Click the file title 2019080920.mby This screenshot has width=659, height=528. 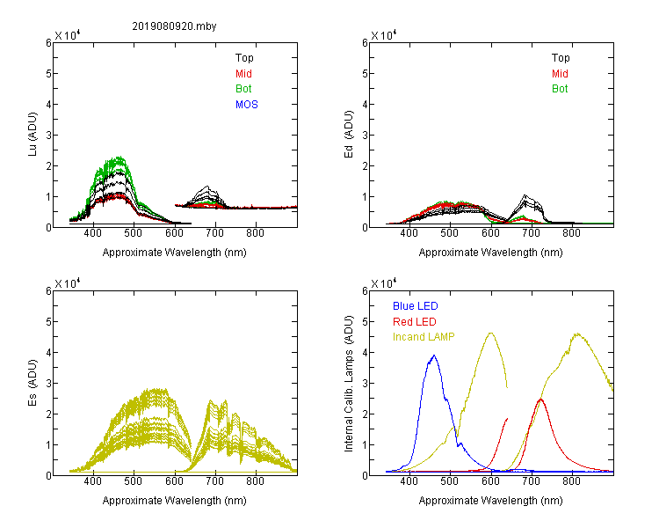click(x=174, y=26)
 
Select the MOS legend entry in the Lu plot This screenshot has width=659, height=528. click(x=247, y=105)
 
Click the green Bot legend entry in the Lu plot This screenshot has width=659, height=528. click(x=243, y=89)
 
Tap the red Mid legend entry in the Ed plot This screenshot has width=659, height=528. click(x=560, y=74)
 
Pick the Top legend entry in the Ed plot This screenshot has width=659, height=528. click(x=561, y=58)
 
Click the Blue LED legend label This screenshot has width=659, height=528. click(x=416, y=306)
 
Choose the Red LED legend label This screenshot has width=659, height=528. click(x=415, y=322)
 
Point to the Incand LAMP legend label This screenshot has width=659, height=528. click(x=424, y=337)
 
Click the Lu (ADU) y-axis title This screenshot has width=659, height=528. click(x=33, y=134)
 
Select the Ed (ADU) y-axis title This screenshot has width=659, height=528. click(x=349, y=134)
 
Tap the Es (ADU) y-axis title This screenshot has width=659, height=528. click(x=33, y=382)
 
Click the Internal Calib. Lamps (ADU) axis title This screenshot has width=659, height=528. click(x=349, y=384)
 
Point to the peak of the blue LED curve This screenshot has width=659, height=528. click(x=434, y=356)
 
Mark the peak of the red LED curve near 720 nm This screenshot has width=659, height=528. click(x=540, y=399)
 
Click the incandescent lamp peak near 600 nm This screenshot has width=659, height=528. click(x=490, y=333)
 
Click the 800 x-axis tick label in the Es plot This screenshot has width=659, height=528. click(x=255, y=481)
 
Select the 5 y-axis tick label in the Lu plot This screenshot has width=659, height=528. click(x=48, y=74)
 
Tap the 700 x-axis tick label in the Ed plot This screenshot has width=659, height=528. click(x=531, y=233)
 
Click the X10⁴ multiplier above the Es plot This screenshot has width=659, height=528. click(x=68, y=283)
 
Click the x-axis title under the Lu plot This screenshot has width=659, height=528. click(x=175, y=253)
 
